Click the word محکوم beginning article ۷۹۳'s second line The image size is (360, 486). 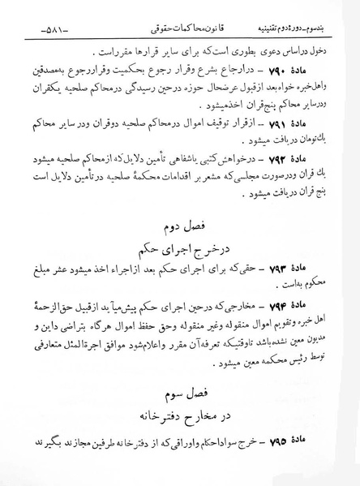(327, 284)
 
